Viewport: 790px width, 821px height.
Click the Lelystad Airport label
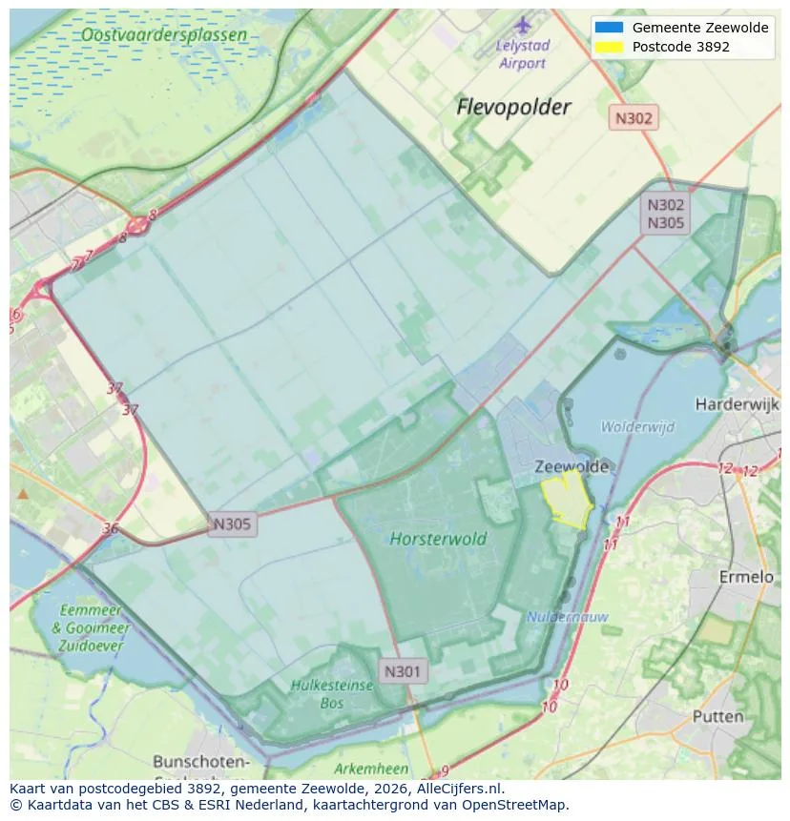522,54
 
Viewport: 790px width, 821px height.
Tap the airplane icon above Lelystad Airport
523,24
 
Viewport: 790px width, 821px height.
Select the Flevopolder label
513,107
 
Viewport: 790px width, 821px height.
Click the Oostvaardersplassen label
163,35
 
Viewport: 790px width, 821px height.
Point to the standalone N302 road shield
634,118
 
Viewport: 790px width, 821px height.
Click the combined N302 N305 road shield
666,214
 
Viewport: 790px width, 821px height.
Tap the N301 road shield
402,671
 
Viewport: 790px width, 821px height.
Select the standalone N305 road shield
232,523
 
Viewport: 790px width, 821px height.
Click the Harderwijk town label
738,404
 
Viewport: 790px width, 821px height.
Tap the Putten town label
717,716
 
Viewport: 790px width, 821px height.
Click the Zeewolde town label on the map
572,466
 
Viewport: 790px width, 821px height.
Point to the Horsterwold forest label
438,539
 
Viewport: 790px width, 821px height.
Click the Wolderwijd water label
637,426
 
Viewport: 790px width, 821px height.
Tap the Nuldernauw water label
568,617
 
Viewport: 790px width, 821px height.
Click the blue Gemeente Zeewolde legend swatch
608,28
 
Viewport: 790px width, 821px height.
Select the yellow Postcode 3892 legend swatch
608,47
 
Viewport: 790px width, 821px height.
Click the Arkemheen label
371,769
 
